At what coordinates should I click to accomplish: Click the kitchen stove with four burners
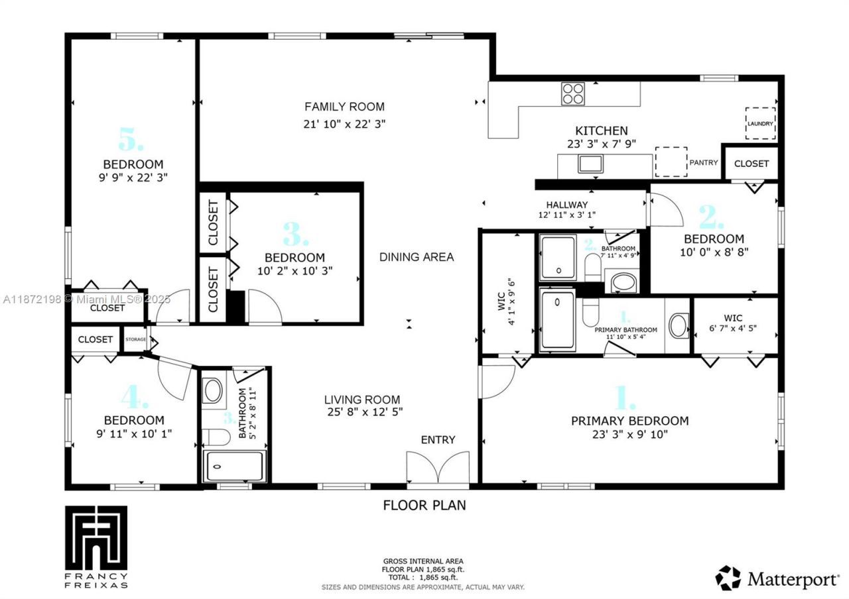pyautogui.click(x=573, y=93)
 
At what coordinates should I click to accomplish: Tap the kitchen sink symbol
pyautogui.click(x=590, y=163)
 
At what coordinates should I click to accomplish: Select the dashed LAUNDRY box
pyautogui.click(x=760, y=123)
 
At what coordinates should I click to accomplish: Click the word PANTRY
pyautogui.click(x=703, y=162)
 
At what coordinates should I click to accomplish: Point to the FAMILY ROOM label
pyautogui.click(x=344, y=107)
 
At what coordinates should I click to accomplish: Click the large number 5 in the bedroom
pyautogui.click(x=131, y=140)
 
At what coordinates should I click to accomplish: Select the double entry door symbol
pyautogui.click(x=438, y=468)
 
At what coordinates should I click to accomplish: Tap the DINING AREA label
pyautogui.click(x=417, y=257)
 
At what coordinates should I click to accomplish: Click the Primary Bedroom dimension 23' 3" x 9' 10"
pyautogui.click(x=629, y=435)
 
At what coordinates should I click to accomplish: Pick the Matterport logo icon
pyautogui.click(x=728, y=578)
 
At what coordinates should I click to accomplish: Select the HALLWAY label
pyautogui.click(x=566, y=205)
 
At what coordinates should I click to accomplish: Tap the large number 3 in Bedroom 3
pyautogui.click(x=295, y=235)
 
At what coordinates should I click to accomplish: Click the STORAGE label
pyautogui.click(x=135, y=339)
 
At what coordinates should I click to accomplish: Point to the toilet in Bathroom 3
pyautogui.click(x=214, y=437)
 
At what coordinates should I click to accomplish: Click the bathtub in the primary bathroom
pyautogui.click(x=557, y=321)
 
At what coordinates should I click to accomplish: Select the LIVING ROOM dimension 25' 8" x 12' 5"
pyautogui.click(x=362, y=411)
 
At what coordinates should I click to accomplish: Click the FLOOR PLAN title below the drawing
pyautogui.click(x=424, y=506)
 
